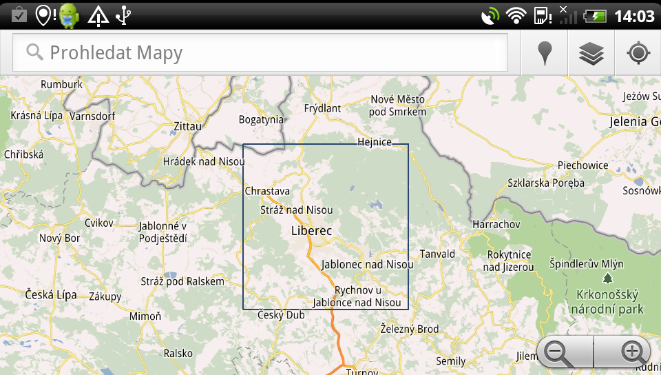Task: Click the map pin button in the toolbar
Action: coord(545,53)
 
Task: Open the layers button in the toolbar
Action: coord(591,53)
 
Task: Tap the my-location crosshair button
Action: coord(638,53)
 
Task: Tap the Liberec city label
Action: coord(311,231)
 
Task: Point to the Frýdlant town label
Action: coord(322,108)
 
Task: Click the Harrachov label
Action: coord(496,225)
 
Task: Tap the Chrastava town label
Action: coord(267,191)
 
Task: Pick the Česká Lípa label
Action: coord(51,294)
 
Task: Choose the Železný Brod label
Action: coord(409,330)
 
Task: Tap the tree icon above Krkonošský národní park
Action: coord(607,278)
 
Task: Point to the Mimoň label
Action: coord(145,316)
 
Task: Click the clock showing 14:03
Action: coord(633,15)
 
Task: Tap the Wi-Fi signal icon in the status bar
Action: coord(515,15)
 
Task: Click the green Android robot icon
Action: coord(69,14)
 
